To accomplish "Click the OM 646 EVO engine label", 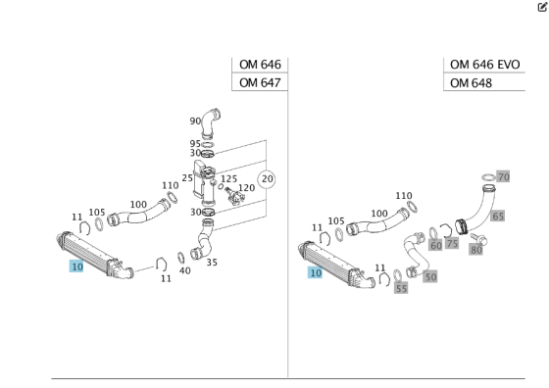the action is [x=484, y=65].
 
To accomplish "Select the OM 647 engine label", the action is [x=260, y=83].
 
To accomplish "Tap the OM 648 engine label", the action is [x=471, y=83].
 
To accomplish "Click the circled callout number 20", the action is [x=267, y=179].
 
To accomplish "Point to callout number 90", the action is [x=195, y=121].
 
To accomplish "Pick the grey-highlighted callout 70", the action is [x=504, y=176].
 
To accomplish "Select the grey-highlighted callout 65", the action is [x=498, y=216].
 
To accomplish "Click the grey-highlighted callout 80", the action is [x=476, y=250].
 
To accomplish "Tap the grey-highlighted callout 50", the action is [x=430, y=277].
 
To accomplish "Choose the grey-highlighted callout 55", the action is [x=401, y=288].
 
